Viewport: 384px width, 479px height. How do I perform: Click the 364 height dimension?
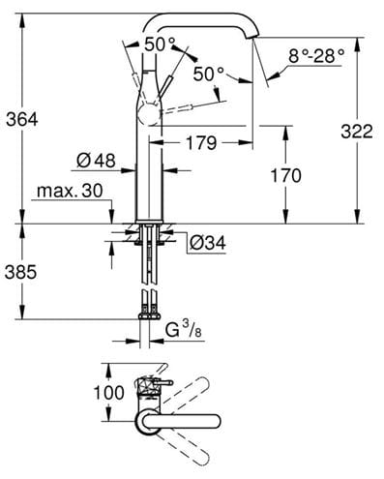[x=22, y=120]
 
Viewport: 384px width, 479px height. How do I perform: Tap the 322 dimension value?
[x=357, y=132]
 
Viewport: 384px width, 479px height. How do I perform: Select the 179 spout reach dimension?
[x=202, y=142]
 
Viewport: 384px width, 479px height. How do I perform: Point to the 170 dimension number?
[x=285, y=176]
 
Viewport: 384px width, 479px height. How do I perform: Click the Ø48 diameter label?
[x=96, y=161]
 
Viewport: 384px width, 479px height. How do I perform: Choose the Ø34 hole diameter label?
[x=208, y=243]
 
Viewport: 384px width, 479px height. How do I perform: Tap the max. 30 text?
[x=70, y=191]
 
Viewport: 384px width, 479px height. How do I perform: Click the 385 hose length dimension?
[x=21, y=273]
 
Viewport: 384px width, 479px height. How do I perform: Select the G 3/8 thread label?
[x=184, y=330]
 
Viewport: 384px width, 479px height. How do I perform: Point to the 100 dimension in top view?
[x=108, y=393]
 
